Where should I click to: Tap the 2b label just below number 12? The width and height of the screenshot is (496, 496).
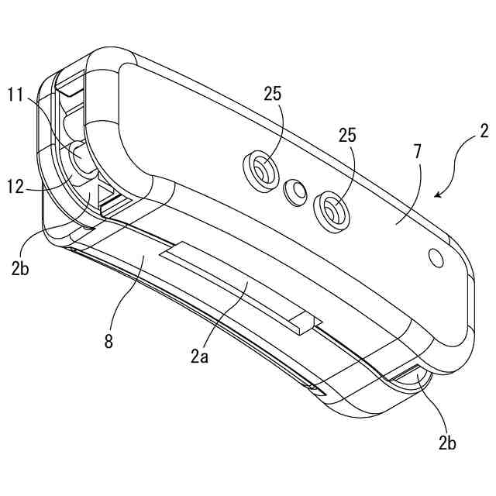[x=20, y=269]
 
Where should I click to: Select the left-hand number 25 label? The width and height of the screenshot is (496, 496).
[x=272, y=94]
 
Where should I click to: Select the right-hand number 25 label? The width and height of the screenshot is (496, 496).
[x=347, y=134]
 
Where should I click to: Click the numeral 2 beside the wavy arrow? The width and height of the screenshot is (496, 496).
[x=484, y=129]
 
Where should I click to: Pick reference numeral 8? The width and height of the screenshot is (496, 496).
[x=108, y=341]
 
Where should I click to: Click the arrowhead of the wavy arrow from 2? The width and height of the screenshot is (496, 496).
[x=439, y=195]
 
